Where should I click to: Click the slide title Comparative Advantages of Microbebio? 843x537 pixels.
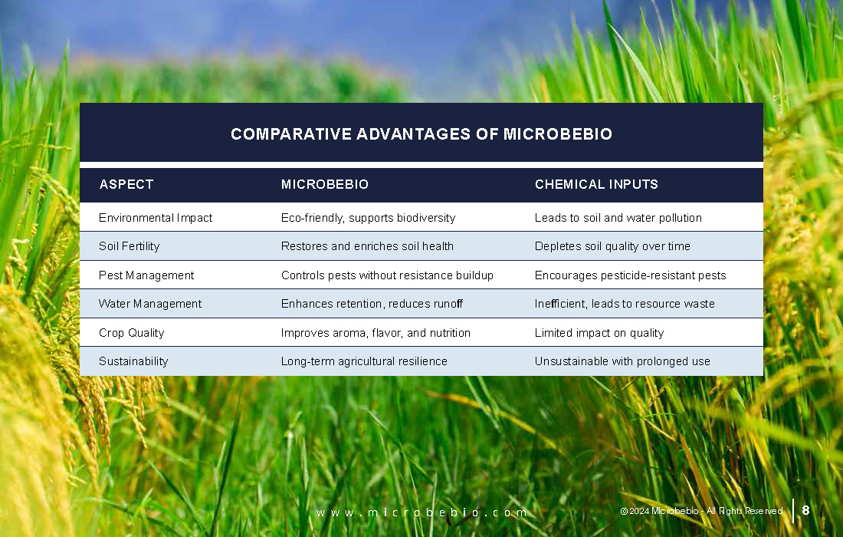point(421,134)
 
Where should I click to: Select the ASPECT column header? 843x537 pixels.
point(126,185)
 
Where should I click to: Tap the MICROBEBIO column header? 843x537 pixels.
point(325,185)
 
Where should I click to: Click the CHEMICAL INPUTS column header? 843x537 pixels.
point(596,185)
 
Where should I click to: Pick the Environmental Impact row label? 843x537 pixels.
point(156,218)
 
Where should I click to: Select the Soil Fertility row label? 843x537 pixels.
point(129,246)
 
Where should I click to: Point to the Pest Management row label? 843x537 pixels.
point(146,275)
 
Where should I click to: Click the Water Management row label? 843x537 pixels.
point(150,304)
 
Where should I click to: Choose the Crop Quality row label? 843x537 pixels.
point(132,333)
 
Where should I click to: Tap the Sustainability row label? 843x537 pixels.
point(133,361)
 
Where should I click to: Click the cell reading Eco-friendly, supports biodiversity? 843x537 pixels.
point(369,218)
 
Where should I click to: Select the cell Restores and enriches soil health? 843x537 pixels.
point(367,246)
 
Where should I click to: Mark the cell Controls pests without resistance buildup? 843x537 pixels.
point(387,275)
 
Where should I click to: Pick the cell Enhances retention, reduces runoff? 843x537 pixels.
point(372,304)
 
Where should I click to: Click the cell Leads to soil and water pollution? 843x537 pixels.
point(618,218)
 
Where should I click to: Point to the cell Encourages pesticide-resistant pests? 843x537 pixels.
point(630,275)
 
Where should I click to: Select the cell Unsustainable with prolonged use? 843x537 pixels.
point(622,361)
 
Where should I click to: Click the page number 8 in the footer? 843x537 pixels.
point(805,510)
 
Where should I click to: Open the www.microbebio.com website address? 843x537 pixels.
point(421,512)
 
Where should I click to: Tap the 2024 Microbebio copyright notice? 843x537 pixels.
point(701,511)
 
